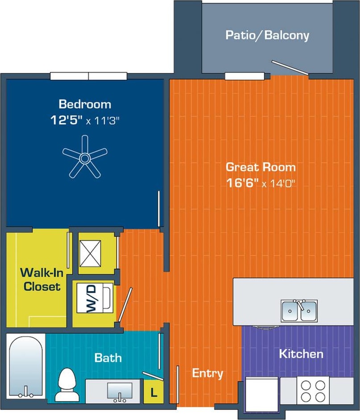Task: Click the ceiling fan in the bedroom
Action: click(x=85, y=157)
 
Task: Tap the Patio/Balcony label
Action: click(x=267, y=35)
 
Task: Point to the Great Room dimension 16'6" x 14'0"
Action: click(x=261, y=183)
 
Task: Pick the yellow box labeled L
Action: click(x=153, y=393)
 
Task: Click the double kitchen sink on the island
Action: click(x=299, y=310)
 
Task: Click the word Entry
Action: click(x=207, y=373)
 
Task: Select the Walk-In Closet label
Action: click(x=41, y=279)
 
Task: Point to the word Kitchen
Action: click(x=301, y=354)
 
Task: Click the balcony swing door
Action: click(x=289, y=67)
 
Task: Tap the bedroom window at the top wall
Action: click(x=89, y=76)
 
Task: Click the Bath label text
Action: click(x=108, y=358)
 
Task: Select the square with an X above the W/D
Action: click(x=90, y=253)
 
